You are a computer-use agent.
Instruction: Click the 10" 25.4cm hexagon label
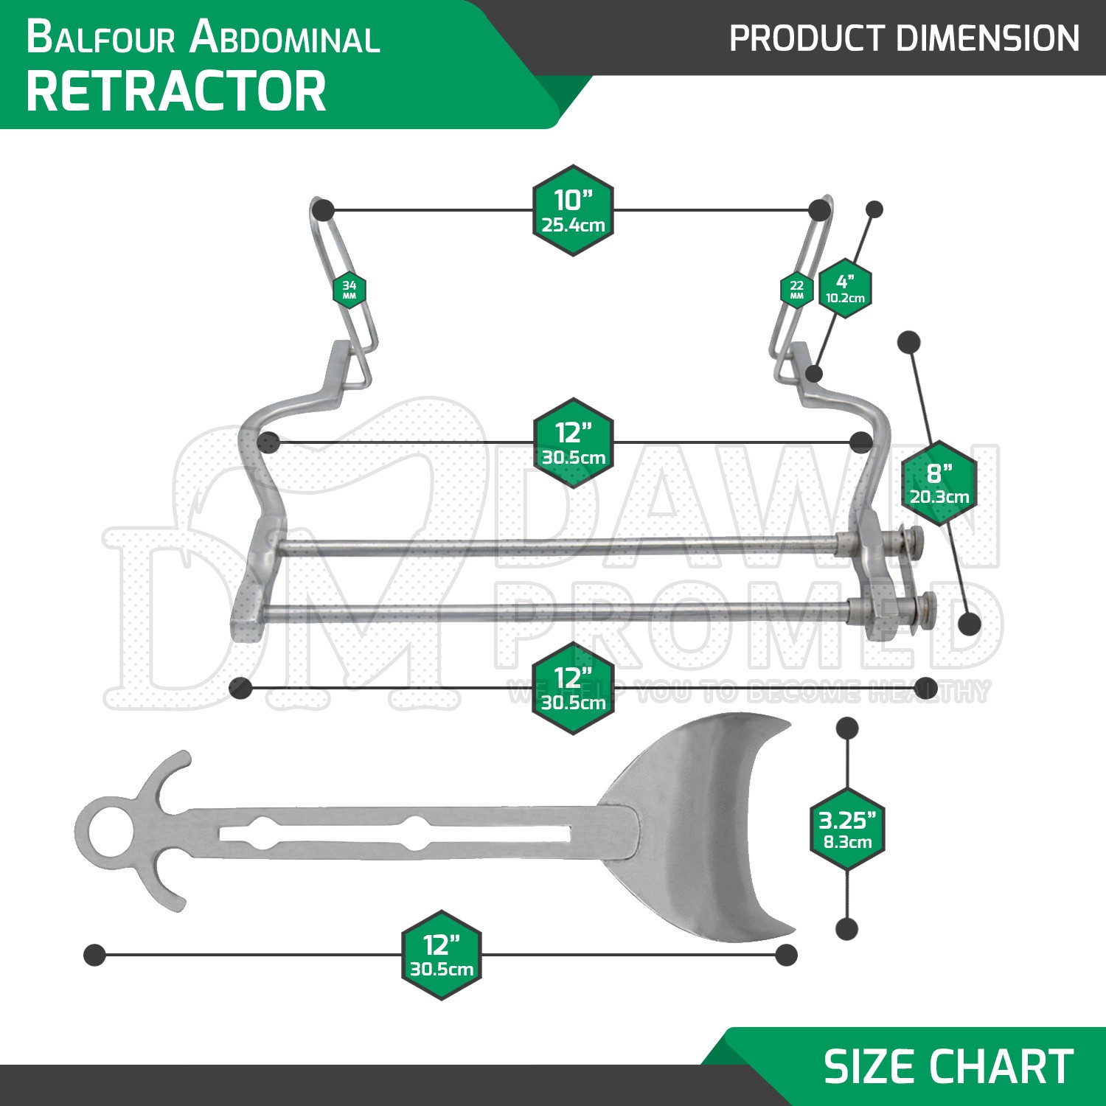[x=574, y=210]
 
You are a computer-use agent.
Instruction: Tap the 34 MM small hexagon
[x=349, y=290]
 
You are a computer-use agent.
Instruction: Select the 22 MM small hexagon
[x=797, y=290]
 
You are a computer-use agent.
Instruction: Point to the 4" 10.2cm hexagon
[x=845, y=288]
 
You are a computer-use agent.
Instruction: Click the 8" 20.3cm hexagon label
[x=939, y=484]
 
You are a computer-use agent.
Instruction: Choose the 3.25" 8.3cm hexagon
[x=848, y=829]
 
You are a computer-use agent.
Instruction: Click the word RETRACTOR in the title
[x=176, y=91]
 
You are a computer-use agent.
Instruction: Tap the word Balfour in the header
[x=101, y=38]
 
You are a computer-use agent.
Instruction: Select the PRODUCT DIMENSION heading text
[x=904, y=38]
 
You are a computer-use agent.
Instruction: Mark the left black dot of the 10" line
[x=323, y=211]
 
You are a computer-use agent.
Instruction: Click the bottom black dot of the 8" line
[x=970, y=624]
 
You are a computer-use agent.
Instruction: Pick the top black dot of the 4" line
[x=874, y=209]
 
